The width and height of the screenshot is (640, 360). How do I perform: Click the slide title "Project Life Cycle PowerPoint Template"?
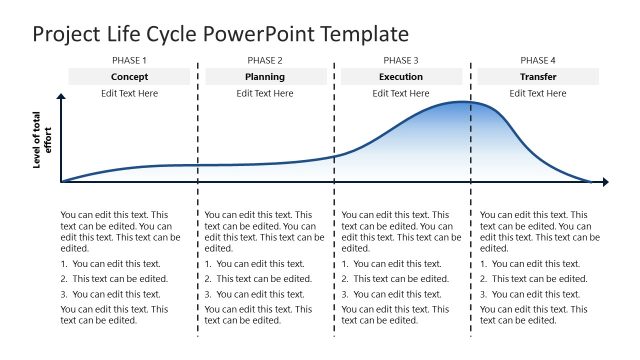220,34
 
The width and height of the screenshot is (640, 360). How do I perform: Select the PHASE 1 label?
129,61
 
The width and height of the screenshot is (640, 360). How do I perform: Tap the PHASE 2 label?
265,61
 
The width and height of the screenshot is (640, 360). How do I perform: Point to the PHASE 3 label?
401,61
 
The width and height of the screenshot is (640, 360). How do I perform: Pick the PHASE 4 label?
538,61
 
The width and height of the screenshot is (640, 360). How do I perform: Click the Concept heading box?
129,77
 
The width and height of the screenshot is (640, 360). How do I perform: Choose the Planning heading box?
265,77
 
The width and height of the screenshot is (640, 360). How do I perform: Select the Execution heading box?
401,77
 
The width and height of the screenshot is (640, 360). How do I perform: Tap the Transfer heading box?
538,77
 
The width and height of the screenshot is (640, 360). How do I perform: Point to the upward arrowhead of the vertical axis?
62,97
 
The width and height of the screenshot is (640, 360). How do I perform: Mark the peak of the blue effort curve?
465,102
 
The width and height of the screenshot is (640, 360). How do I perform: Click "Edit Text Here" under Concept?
129,93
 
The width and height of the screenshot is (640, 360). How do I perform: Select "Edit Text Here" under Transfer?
538,93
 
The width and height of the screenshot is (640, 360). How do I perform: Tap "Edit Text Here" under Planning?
265,93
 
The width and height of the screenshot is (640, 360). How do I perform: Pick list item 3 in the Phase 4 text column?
530,294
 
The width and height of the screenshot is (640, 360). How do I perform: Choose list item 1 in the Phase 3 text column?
392,264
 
